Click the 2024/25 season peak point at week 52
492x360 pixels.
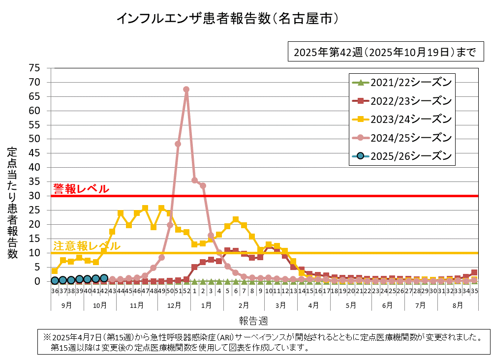pyautogui.click(x=186, y=90)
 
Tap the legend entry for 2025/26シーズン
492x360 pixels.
pyautogui.click(x=401, y=156)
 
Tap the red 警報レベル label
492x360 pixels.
pyautogui.click(x=81, y=189)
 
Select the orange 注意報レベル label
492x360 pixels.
pyautogui.click(x=86, y=246)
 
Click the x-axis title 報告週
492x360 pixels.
pyautogui.click(x=253, y=321)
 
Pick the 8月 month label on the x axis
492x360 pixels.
pyautogui.click(x=458, y=305)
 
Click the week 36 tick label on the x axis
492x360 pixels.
pyautogui.click(x=55, y=291)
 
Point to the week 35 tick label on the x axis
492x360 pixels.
pyautogui.click(x=474, y=291)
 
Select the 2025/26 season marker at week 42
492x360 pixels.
pyautogui.click(x=104, y=278)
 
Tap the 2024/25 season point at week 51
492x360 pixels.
pyautogui.click(x=178, y=144)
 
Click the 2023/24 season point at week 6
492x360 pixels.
pyautogui.click(x=236, y=219)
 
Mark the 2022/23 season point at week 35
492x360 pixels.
pyautogui.click(x=474, y=272)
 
